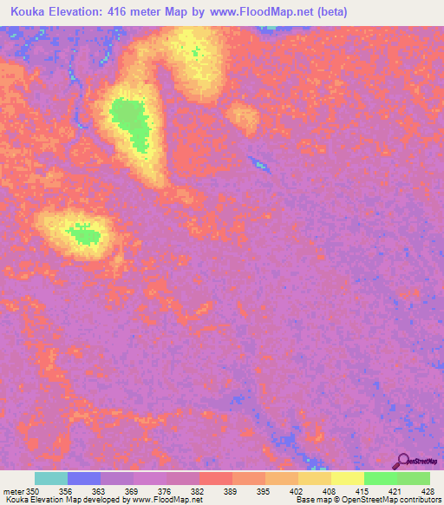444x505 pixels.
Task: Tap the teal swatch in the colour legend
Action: (51, 478)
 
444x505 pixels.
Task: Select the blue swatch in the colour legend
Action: (84, 478)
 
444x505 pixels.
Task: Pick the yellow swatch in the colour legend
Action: (347, 478)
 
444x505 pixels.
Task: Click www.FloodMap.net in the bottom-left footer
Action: (166, 500)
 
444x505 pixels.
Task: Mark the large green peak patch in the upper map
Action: (131, 120)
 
